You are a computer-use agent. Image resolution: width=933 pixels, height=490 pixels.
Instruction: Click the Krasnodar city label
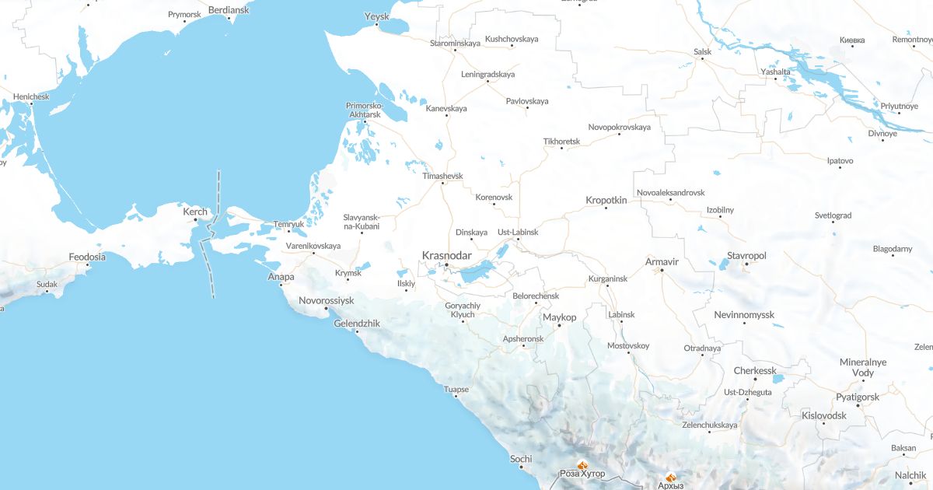(446, 255)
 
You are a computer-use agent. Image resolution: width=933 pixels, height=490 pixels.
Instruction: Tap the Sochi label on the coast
(521, 459)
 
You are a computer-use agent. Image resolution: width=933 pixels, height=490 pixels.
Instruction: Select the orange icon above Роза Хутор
(582, 465)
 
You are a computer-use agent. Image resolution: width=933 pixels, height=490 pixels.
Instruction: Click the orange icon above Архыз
(670, 478)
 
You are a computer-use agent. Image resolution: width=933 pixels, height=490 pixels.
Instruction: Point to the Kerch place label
(195, 212)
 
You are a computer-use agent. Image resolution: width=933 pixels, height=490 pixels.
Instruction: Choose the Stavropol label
(746, 255)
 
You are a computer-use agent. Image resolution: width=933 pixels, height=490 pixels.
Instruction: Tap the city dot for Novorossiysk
(327, 309)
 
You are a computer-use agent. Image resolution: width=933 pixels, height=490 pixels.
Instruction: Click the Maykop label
(559, 317)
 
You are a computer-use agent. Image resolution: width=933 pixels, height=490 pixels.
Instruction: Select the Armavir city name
(662, 261)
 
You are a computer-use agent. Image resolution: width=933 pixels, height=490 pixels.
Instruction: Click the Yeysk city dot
(376, 24)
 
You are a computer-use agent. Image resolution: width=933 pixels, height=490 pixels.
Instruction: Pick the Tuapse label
(456, 389)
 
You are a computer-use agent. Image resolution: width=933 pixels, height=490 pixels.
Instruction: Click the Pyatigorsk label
(858, 397)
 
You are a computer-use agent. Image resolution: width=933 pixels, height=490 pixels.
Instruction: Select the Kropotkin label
(606, 200)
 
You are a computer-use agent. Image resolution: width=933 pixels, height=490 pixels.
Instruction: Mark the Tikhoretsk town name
(561, 142)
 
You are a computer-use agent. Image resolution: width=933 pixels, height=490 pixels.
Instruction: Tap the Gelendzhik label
(357, 323)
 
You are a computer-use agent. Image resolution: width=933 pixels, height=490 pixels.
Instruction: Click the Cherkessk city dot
(754, 379)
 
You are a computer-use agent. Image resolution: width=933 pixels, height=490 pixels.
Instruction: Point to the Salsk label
(702, 51)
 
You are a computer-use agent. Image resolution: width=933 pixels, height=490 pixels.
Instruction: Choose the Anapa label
(281, 276)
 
